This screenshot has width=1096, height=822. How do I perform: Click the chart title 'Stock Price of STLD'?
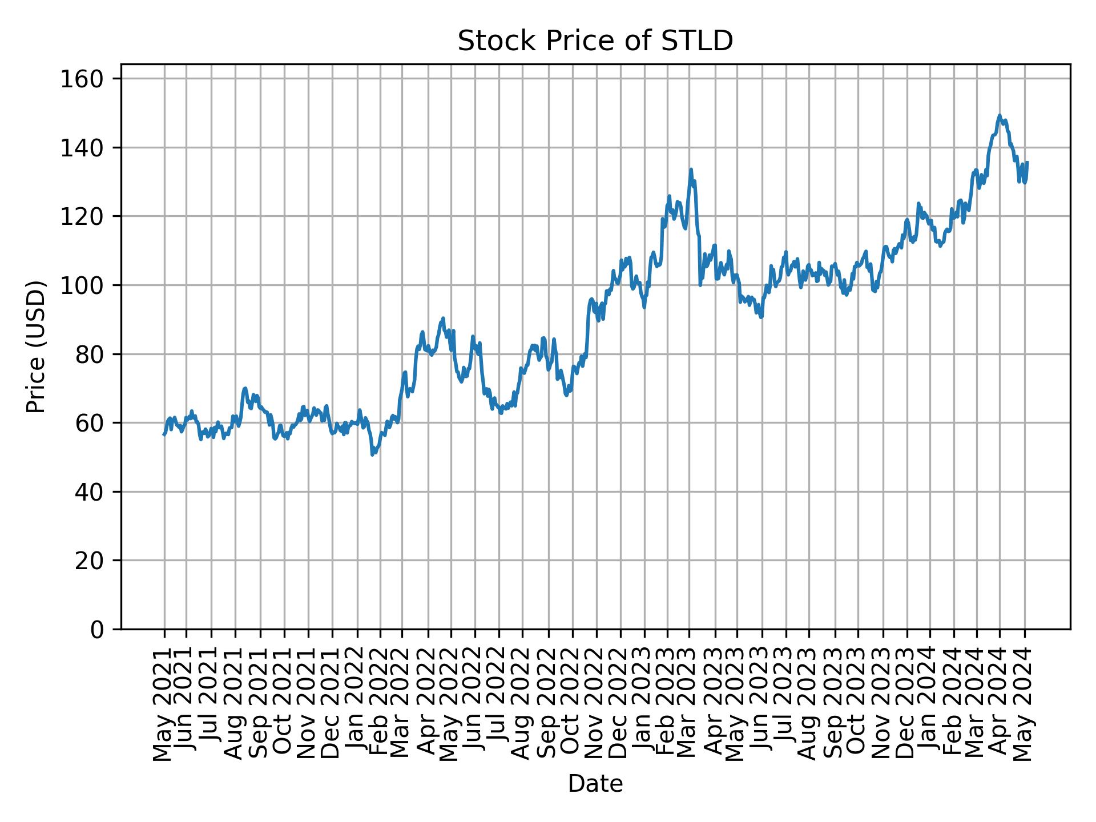[595, 42]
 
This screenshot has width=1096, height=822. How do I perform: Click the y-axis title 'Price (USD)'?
[35, 346]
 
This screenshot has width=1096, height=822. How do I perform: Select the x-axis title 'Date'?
[595, 784]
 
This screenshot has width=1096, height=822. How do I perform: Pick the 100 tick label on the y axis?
[81, 285]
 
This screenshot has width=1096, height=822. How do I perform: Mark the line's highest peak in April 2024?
[999, 115]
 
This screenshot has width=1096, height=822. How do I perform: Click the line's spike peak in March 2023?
[691, 169]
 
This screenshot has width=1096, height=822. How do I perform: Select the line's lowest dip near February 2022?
[372, 454]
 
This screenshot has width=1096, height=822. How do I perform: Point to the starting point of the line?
[164, 435]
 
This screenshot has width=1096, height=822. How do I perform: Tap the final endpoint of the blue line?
[1027, 162]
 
